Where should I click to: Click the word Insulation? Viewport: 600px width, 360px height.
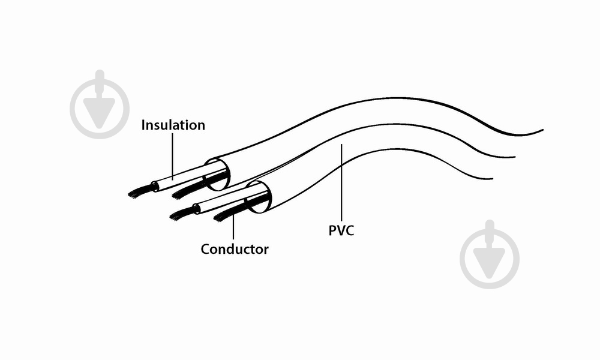173,125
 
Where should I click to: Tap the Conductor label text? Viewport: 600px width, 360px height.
235,249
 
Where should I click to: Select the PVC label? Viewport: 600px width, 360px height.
341,230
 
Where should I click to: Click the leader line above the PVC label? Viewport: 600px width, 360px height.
341,180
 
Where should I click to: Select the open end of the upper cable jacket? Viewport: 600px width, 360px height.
218,171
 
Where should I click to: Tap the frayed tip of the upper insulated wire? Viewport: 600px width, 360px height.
139,193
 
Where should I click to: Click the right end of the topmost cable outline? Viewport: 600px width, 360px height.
542,130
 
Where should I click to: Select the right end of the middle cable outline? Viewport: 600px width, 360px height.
514,157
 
